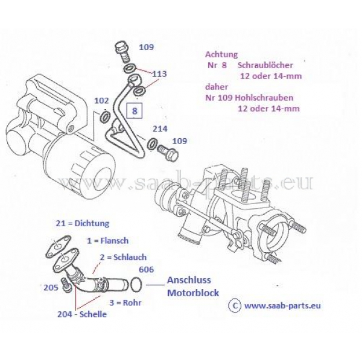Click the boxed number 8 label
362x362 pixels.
pos(135,111)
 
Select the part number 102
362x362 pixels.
pos(102,101)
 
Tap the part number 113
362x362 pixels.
pos(159,74)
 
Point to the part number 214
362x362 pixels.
pos(160,129)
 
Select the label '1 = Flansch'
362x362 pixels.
pos(107,240)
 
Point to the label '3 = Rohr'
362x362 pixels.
pos(125,302)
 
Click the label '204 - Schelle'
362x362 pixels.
pos(83,314)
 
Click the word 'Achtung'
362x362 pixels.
pos(221,54)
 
